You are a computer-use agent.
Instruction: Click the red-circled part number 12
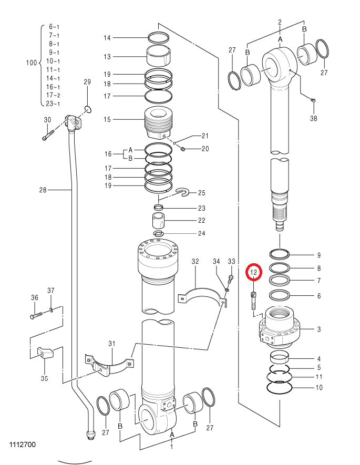point(253,272)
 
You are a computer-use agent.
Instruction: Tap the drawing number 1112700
point(23,445)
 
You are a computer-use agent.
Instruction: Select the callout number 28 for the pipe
point(43,190)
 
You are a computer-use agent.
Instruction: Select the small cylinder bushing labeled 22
point(159,220)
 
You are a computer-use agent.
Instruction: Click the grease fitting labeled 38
point(313,100)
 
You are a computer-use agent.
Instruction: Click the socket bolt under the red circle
point(253,301)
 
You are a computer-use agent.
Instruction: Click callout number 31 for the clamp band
point(111,344)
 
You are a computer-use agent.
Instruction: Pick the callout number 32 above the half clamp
point(195,261)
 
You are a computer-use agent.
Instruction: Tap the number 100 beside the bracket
point(31,63)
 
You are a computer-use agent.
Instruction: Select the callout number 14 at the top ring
point(107,38)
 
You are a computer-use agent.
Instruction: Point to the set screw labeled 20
point(183,149)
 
